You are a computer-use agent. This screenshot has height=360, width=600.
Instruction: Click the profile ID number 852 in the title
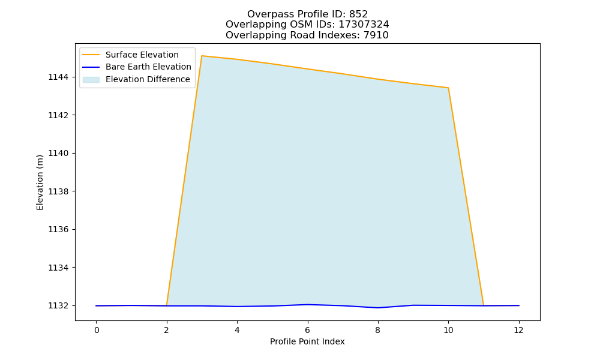point(358,14)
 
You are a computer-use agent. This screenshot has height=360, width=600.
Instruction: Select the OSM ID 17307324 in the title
point(364,25)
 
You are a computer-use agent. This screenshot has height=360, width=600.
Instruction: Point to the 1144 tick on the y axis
point(59,77)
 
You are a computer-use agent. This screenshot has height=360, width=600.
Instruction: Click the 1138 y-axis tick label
point(59,191)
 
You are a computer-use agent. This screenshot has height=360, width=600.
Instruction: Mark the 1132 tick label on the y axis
point(59,305)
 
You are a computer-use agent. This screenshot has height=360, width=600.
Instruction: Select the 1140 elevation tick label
point(59,154)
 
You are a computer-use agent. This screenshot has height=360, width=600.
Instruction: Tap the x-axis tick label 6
point(307,330)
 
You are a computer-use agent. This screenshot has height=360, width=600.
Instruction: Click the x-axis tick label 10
point(448,330)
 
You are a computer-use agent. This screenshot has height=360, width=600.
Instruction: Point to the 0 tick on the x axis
point(97,330)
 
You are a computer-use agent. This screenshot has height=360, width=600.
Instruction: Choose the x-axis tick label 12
point(518,330)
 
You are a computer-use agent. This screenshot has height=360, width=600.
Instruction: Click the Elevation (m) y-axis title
point(40,182)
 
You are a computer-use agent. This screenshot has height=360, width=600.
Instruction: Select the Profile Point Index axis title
point(307,341)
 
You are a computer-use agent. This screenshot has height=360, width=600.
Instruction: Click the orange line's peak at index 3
point(202,56)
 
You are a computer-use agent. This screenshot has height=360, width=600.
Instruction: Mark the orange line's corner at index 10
point(448,88)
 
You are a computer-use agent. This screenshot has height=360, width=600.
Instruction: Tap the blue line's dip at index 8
point(378,308)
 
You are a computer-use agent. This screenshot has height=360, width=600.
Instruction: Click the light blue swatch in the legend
point(91,80)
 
